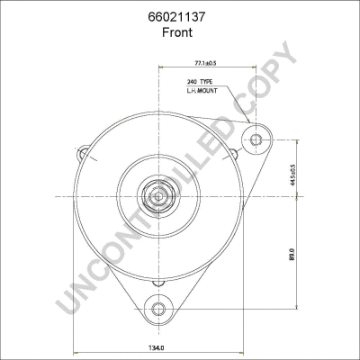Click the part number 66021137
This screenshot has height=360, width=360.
[176, 17]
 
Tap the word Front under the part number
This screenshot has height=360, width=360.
[177, 32]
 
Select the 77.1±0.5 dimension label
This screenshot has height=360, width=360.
[206, 63]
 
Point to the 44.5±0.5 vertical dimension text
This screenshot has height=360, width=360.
[293, 175]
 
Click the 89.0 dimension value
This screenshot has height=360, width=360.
[293, 255]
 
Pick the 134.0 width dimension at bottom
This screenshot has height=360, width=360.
[157, 348]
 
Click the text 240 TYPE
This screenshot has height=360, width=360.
[200, 82]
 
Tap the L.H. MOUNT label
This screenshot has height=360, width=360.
[202, 91]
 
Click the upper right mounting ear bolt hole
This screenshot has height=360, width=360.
[256, 139]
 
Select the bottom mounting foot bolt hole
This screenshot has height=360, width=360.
[158, 309]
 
